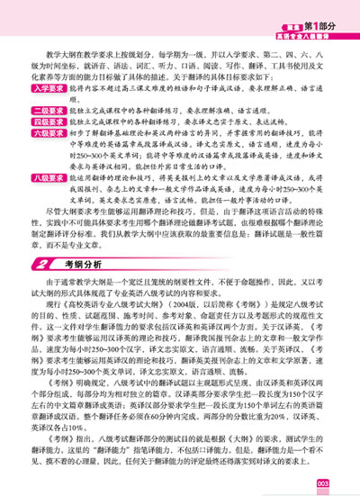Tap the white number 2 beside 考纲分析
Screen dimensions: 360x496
[43, 291]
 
